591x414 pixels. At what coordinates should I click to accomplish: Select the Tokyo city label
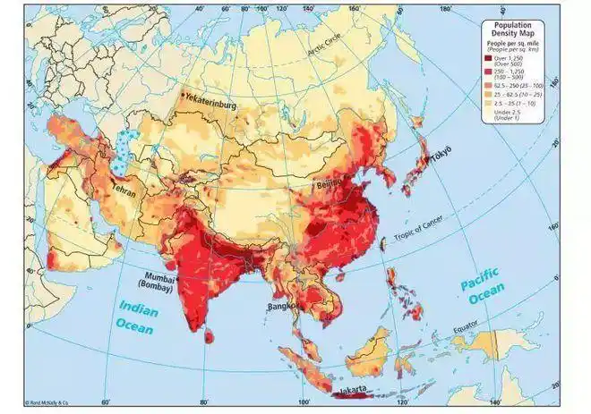pyautogui.click(x=441, y=156)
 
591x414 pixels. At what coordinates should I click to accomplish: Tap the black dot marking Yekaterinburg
pyautogui.click(x=184, y=94)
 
